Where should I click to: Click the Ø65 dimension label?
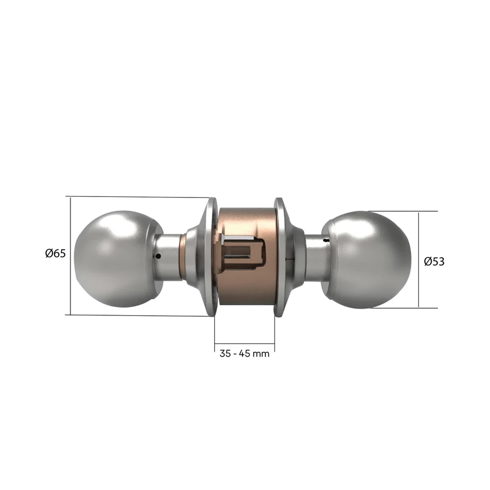point(55,254)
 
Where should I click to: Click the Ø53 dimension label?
point(434,262)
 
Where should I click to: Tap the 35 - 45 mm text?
point(245,353)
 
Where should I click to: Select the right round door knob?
point(370,260)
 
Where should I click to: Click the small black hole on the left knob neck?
point(157,256)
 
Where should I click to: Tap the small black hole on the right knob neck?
point(326,241)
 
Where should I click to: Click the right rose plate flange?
point(280,257)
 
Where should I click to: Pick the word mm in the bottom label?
point(262,353)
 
